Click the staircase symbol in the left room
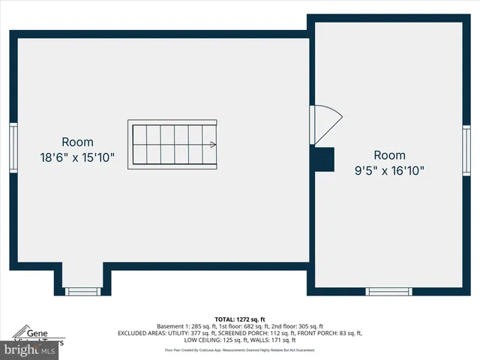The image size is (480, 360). point(172,144)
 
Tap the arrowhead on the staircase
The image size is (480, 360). point(214,145)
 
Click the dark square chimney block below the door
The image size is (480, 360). point(323,159)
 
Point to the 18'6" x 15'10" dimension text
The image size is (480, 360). point(77,157)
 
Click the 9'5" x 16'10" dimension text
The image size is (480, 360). point(389,170)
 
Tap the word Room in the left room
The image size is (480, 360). point(77,142)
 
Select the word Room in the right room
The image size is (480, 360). point(389,154)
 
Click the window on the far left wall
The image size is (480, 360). point(13,148)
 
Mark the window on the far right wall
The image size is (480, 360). point(466,148)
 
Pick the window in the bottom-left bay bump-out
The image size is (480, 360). point(82,291)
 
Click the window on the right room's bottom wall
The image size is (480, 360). point(388,291)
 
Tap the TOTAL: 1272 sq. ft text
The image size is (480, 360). point(240,319)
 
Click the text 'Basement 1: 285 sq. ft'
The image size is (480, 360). point(184,326)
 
